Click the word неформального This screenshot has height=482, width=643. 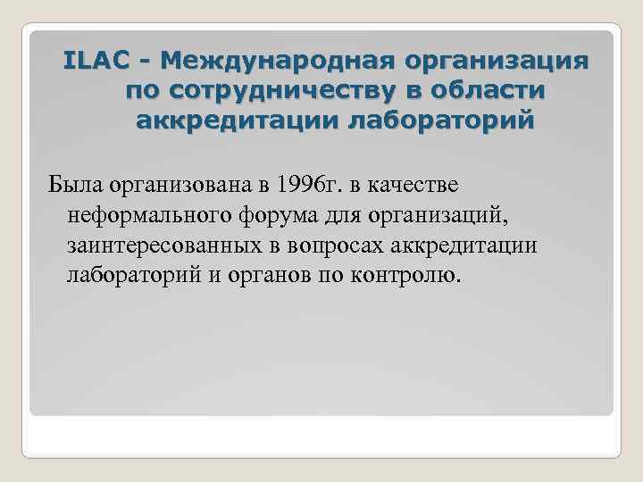143,215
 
